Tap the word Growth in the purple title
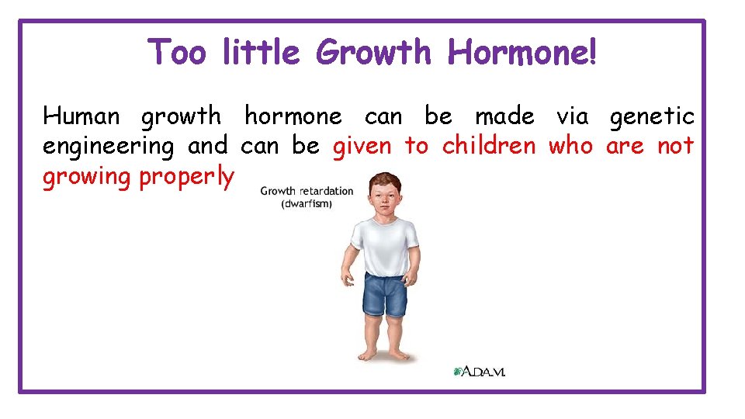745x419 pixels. pos(373,53)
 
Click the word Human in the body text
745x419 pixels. pos(81,116)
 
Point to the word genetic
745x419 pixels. pos(652,118)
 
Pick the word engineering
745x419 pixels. pos(109,147)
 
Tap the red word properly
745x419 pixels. pos(186,178)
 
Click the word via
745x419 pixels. pos(573,116)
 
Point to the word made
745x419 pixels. pos(504,116)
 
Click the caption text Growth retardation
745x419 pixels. pos(307,191)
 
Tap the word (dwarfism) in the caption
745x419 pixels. pos(307,203)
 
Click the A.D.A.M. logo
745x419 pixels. pos(480,372)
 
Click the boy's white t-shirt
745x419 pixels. pos(381,244)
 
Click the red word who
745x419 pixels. pos(570,146)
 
